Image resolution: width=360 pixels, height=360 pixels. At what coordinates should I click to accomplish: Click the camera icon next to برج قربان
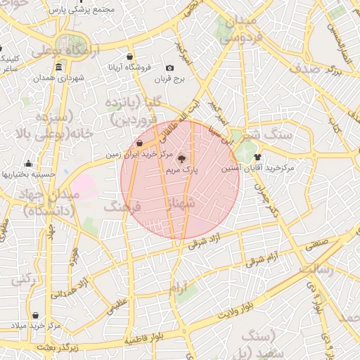tap(169, 68)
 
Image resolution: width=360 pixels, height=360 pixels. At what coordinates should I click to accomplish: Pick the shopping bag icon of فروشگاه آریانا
tap(130, 56)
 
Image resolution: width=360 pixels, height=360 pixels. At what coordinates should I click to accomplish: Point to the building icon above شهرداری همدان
tap(58, 67)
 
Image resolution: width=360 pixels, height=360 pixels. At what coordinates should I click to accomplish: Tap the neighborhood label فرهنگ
tap(123, 207)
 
